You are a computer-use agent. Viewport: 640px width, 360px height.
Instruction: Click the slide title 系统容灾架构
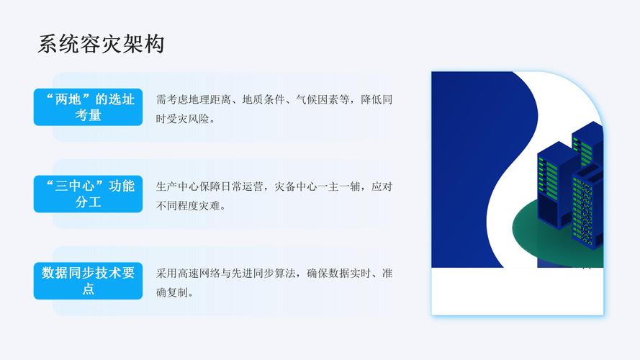pyautogui.click(x=102, y=45)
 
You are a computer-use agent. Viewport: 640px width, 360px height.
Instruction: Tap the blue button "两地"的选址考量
pyautogui.click(x=89, y=107)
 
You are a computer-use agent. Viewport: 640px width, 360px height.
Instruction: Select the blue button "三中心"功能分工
pyautogui.click(x=89, y=194)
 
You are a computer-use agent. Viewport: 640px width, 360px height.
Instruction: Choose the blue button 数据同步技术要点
pyautogui.click(x=89, y=281)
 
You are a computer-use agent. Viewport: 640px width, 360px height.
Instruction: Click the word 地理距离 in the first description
pyautogui.click(x=209, y=99)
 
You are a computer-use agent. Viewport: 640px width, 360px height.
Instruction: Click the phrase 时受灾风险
pyautogui.click(x=185, y=118)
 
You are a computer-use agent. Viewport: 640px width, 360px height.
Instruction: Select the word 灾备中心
pyautogui.click(x=297, y=186)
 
